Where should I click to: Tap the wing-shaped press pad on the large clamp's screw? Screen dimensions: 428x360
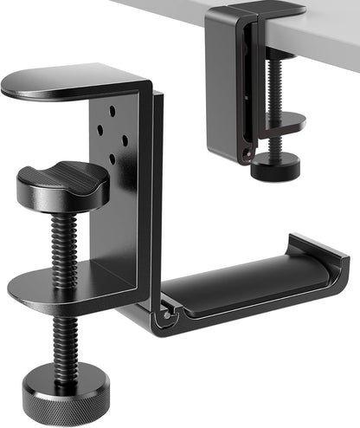(x=62, y=183)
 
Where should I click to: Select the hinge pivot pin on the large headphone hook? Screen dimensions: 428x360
(x=162, y=318)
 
